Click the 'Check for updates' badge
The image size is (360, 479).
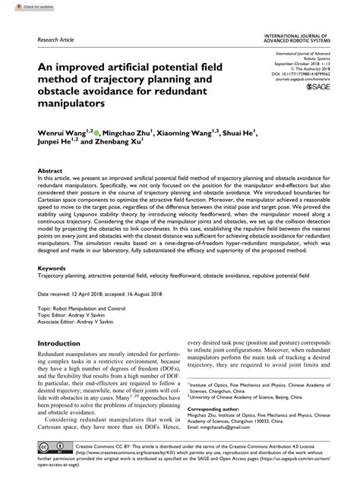point(21,7)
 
